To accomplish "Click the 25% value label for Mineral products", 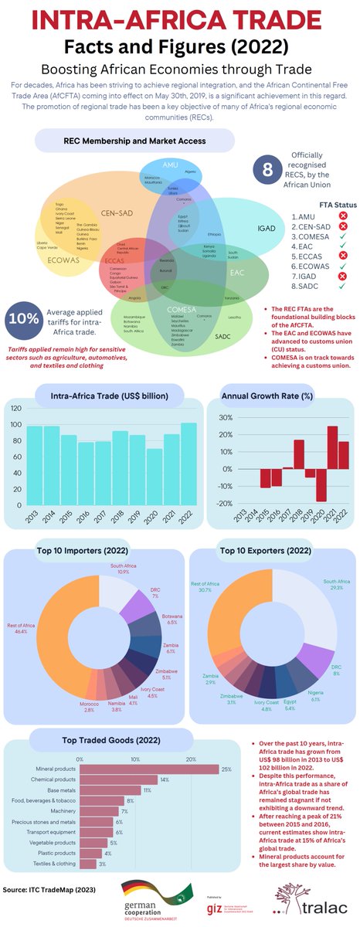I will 226,769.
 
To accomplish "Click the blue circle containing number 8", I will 267,171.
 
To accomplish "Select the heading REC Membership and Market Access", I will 134,141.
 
